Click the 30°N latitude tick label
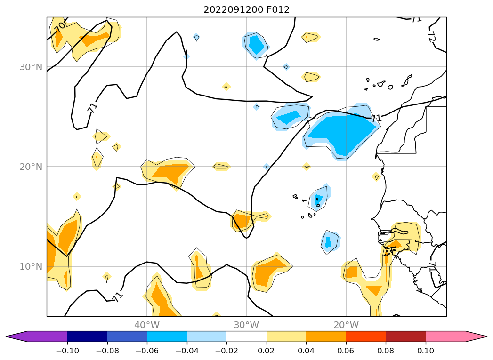tap(31, 67)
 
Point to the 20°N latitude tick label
tap(31, 167)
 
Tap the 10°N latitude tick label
tap(31, 266)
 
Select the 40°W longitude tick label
tap(146, 325)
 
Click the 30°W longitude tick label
tap(246, 325)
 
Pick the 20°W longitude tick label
tap(346, 325)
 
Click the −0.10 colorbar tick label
tap(67, 351)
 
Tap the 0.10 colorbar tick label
tap(426, 351)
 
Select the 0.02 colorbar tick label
tap(267, 351)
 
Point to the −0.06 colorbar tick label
tap(146, 351)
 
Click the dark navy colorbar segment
tap(87, 336)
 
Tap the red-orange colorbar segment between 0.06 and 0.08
tap(366, 336)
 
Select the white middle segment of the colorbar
tap(246, 336)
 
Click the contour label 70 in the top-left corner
tap(60, 27)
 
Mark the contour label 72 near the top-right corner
tap(431, 36)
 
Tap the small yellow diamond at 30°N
tap(226, 87)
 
